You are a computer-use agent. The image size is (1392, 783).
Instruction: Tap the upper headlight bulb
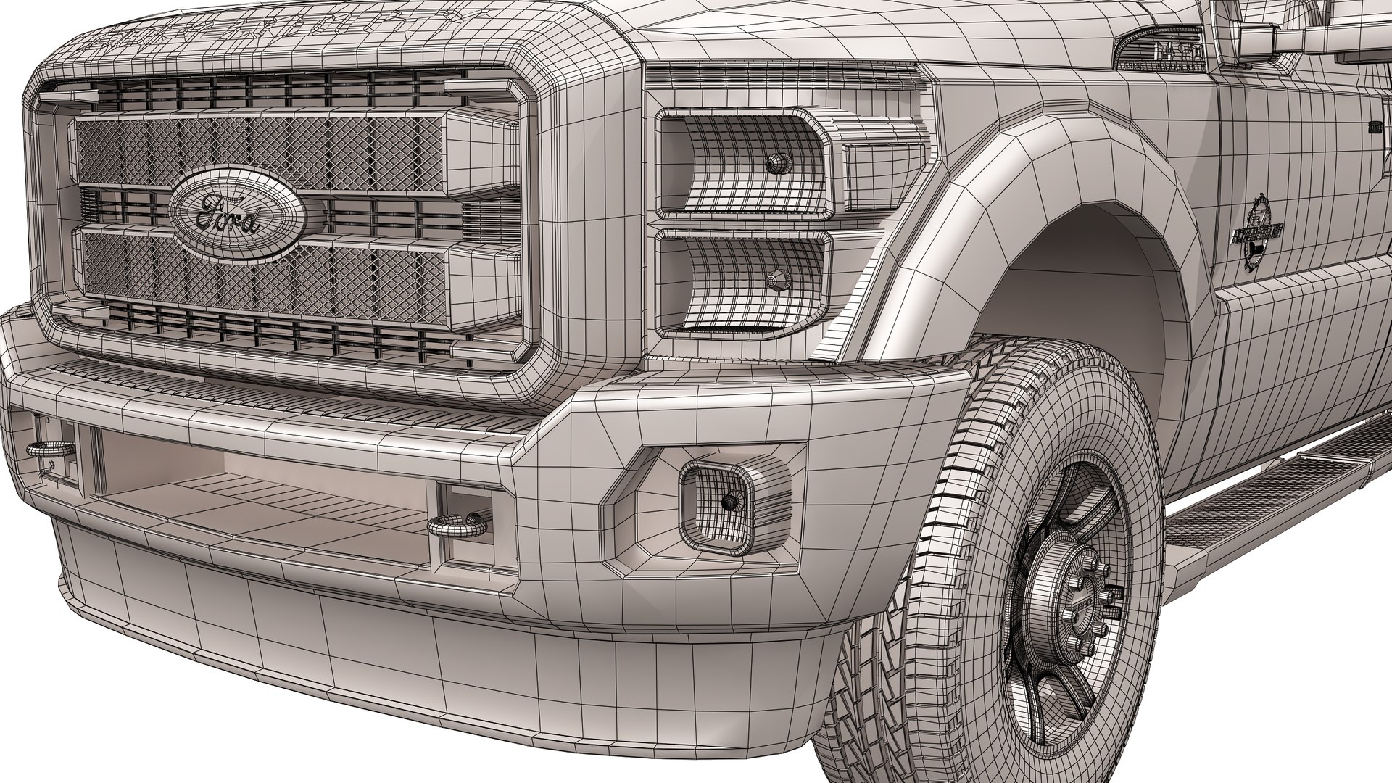[776, 163]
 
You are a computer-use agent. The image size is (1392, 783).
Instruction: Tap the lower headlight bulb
[778, 277]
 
